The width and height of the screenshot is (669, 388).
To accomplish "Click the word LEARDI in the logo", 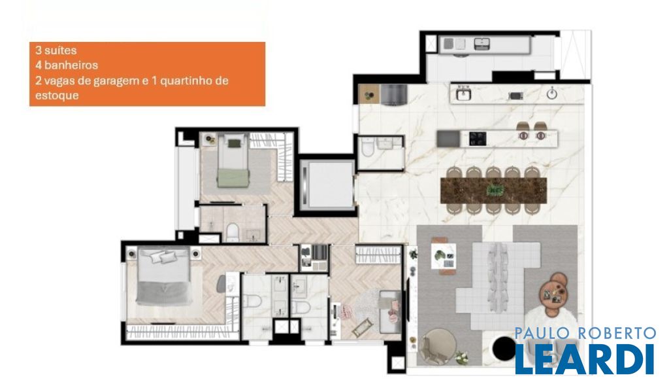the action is click(585, 359).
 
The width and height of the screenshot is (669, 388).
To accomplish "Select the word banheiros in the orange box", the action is click(71, 65).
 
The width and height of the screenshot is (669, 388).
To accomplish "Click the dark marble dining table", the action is click(494, 190).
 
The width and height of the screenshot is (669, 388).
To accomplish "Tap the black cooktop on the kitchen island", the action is click(478, 139).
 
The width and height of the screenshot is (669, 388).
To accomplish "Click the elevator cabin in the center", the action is click(327, 185).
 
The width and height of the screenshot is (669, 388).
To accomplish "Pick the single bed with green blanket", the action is click(233, 160).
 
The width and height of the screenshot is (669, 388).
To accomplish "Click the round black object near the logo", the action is click(504, 348).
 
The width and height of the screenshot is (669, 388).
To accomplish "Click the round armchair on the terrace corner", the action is click(436, 347).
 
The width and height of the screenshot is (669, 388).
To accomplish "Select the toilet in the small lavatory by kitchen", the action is click(368, 147).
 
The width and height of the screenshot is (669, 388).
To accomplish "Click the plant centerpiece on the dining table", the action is click(495, 190).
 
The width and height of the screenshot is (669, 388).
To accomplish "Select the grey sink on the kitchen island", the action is click(448, 139).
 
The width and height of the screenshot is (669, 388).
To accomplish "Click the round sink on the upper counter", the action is click(552, 94).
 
